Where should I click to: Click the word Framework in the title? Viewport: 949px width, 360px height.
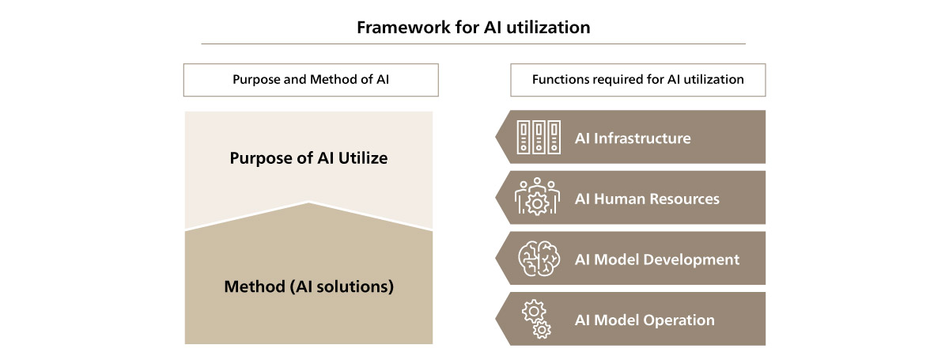point(404,28)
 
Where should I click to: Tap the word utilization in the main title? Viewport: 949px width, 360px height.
point(548,28)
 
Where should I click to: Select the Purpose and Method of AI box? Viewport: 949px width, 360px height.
point(311,80)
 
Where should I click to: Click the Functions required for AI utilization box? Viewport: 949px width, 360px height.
point(638,80)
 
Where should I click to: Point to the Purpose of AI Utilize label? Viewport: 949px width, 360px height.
point(308,158)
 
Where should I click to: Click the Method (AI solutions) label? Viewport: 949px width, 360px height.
point(309,286)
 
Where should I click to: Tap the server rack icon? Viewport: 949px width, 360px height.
point(539,137)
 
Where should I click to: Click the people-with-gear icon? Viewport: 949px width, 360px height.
point(537,197)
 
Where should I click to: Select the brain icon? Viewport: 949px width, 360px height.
point(539,258)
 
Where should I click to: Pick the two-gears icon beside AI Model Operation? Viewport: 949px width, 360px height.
point(536,319)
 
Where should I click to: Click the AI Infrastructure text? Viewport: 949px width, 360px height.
point(633,138)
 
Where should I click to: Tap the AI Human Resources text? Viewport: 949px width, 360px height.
point(647,199)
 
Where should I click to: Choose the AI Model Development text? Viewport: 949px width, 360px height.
point(657,260)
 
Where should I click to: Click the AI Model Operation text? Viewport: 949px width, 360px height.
point(645,320)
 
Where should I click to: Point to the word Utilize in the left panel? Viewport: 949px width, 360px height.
point(363,158)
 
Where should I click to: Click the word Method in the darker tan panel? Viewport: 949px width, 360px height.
point(255,286)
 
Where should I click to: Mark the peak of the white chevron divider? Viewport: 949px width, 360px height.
point(309,202)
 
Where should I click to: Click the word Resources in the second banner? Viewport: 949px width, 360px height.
point(684,199)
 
